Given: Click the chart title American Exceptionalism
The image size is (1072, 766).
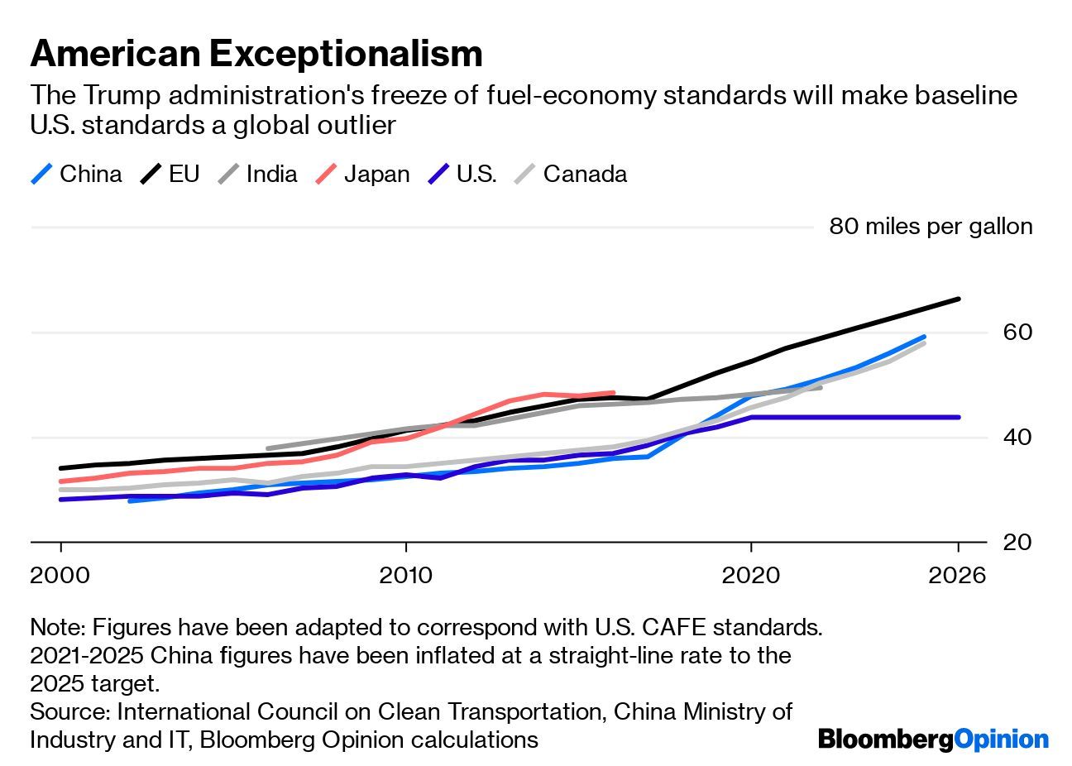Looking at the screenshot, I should (256, 54).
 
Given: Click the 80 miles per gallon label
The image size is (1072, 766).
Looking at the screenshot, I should (931, 227).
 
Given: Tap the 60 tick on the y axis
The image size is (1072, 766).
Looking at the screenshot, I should (1017, 333).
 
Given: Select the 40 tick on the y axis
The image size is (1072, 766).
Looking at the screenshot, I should (1017, 437).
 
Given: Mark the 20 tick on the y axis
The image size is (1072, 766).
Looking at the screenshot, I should (1017, 542).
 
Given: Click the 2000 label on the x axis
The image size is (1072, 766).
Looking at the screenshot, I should (60, 574).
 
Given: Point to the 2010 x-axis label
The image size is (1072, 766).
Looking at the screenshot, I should (405, 574).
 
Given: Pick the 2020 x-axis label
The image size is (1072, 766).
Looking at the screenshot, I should (750, 574).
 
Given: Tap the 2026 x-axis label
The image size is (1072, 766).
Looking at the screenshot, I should (957, 574).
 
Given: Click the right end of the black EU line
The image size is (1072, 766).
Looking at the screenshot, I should (958, 299).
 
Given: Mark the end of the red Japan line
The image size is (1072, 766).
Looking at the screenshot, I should (613, 393).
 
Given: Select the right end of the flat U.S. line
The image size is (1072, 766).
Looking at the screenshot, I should (958, 417).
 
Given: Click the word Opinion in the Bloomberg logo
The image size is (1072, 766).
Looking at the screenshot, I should (1001, 739).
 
